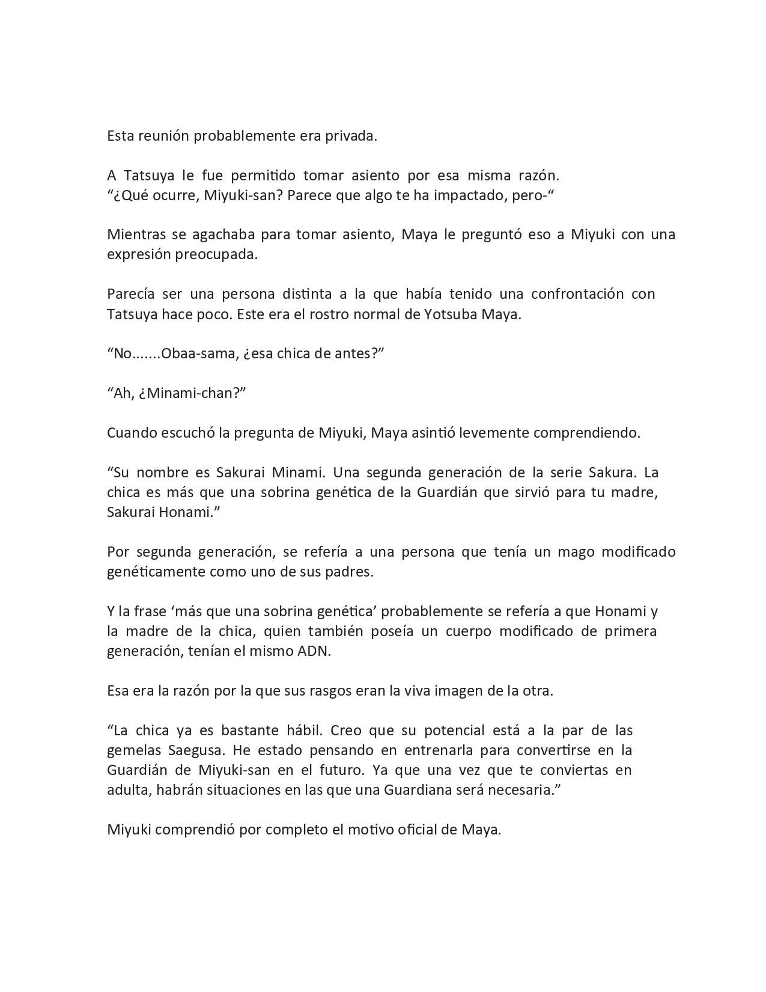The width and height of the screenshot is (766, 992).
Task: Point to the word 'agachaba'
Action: (x=217, y=234)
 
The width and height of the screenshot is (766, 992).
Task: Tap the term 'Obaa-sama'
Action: (x=199, y=354)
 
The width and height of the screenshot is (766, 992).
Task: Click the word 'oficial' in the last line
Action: (x=427, y=830)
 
